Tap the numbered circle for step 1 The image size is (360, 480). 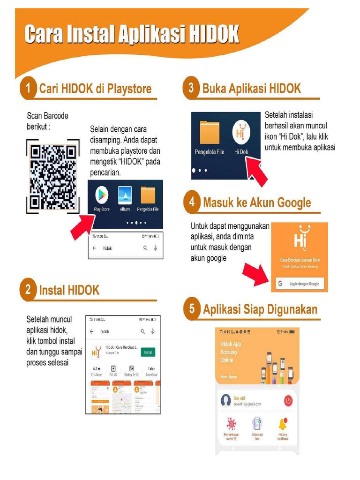[29, 89]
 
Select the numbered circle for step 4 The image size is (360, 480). [191, 202]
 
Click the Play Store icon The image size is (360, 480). [102, 195]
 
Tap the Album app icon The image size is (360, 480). [125, 195]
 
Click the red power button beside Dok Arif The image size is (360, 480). [288, 401]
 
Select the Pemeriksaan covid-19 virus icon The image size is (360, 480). [231, 424]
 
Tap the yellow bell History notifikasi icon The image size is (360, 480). [282, 424]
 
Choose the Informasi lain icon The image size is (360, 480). [257, 424]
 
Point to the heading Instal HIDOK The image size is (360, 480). [69, 290]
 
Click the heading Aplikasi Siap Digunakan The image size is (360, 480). [260, 309]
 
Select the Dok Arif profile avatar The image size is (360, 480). [226, 401]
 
